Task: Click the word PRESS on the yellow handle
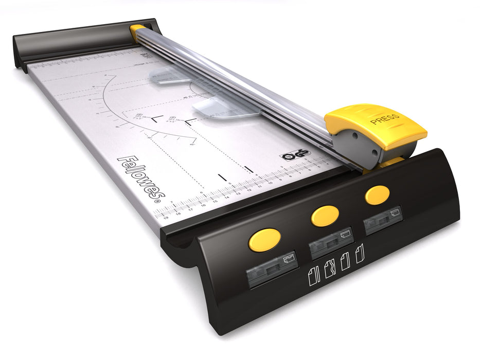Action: click(x=385, y=119)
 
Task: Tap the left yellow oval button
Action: click(x=264, y=239)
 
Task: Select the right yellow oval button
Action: click(x=377, y=195)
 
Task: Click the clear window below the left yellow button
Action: click(x=272, y=267)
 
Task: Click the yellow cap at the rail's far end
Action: click(x=137, y=31)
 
